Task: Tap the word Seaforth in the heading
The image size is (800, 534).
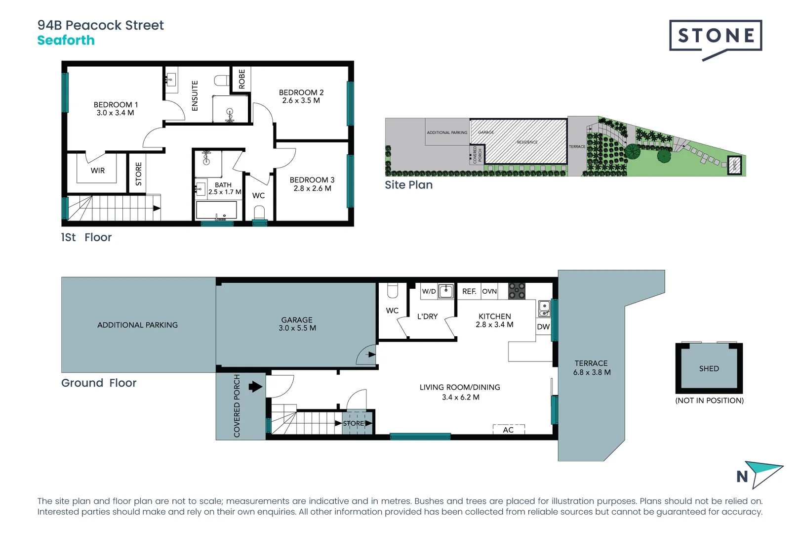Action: pos(66,41)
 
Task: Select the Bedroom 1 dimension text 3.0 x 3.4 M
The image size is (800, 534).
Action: pos(115,113)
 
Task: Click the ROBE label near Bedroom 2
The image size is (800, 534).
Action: pos(241,79)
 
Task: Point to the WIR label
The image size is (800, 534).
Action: pos(98,171)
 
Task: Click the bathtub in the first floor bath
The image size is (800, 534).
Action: pos(217,210)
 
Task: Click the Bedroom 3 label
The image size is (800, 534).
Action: pos(312,180)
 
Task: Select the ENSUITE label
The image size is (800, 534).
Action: pos(195,96)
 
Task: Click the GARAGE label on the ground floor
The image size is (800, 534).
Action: pos(297,320)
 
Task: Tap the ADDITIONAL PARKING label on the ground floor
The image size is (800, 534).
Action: pos(137,325)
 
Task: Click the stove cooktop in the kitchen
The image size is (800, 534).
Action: pos(517,291)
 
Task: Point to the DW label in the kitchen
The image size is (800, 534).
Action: pos(543,327)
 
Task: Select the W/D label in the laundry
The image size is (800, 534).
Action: pos(429,291)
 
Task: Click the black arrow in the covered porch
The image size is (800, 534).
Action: pos(255,387)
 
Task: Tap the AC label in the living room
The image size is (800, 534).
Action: pos(508,430)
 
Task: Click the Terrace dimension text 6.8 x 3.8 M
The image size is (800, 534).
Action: pos(592,372)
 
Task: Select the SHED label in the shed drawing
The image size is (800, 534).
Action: pos(709,368)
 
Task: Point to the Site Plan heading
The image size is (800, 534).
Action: pos(408,185)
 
